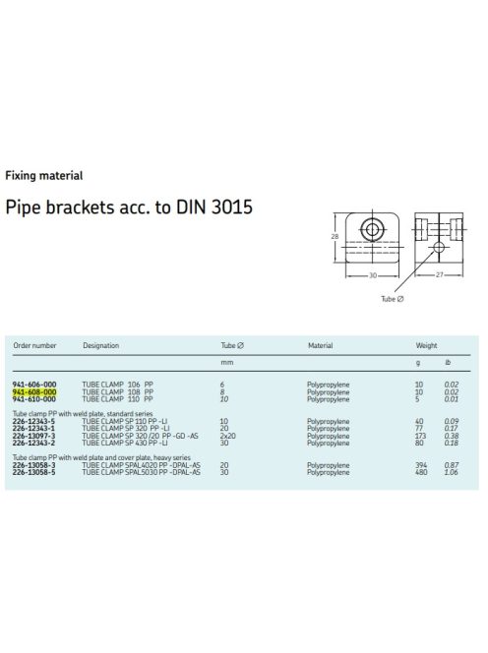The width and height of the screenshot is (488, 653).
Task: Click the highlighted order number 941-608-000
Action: (x=34, y=391)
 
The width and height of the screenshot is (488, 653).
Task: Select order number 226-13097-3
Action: (x=33, y=436)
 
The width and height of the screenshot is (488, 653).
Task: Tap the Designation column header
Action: (x=101, y=345)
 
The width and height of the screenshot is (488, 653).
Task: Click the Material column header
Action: (x=320, y=345)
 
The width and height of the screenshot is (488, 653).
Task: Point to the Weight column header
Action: (x=426, y=345)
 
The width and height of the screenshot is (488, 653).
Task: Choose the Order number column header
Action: (x=34, y=345)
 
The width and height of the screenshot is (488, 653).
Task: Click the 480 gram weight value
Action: (x=421, y=472)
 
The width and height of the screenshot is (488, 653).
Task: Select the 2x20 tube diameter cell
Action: (x=227, y=436)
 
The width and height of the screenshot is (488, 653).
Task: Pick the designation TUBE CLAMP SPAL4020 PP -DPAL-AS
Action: (x=141, y=465)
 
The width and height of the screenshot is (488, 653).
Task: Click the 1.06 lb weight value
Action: (x=451, y=472)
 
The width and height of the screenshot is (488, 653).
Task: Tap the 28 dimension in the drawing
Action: (x=335, y=236)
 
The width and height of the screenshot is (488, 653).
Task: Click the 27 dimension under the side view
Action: (x=439, y=274)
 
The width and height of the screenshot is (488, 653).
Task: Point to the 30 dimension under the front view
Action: (x=373, y=275)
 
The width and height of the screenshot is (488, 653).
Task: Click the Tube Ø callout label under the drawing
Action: (x=393, y=299)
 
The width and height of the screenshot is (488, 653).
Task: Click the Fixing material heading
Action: (x=43, y=175)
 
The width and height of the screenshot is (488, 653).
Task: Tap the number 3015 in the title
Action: (x=232, y=207)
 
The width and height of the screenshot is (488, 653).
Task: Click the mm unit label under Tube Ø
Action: (x=226, y=363)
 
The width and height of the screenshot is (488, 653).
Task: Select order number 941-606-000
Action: (x=34, y=385)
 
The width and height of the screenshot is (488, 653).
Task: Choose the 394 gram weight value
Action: (x=421, y=465)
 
